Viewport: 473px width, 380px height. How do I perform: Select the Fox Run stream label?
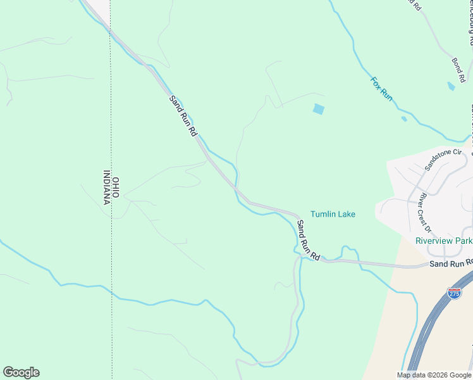(x=381, y=89)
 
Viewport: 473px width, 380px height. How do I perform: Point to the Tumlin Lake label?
(x=333, y=214)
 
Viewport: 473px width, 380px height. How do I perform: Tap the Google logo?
(x=21, y=372)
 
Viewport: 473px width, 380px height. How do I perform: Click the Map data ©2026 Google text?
(x=434, y=375)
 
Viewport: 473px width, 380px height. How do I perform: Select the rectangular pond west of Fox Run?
(x=318, y=109)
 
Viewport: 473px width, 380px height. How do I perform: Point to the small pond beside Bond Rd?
(x=450, y=85)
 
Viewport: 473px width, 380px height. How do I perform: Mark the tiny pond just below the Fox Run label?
(x=403, y=118)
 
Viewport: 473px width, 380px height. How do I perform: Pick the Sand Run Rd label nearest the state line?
(x=183, y=116)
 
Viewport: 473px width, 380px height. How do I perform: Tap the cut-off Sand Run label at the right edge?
(x=451, y=263)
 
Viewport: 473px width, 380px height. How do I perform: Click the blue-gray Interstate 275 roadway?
(x=430, y=329)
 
